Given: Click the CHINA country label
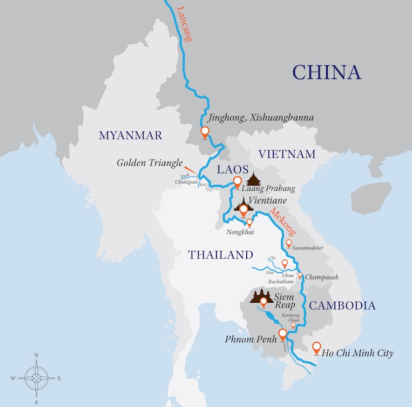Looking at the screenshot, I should (x=326, y=72).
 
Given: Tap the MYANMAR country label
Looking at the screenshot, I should (x=130, y=136).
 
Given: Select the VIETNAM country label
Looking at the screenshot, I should (x=287, y=155).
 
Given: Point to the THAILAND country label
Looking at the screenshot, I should (x=220, y=255).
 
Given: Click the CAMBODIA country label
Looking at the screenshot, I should (x=342, y=306).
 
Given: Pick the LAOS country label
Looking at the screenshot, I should (x=232, y=170).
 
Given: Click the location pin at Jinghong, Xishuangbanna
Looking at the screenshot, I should (x=205, y=132).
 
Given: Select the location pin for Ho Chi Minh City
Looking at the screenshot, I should (x=316, y=348).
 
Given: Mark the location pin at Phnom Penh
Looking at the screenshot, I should (x=282, y=334).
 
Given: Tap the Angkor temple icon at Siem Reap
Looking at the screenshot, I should (x=263, y=297).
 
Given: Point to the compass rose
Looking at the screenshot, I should (x=36, y=378).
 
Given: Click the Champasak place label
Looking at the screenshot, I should (x=322, y=277).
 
